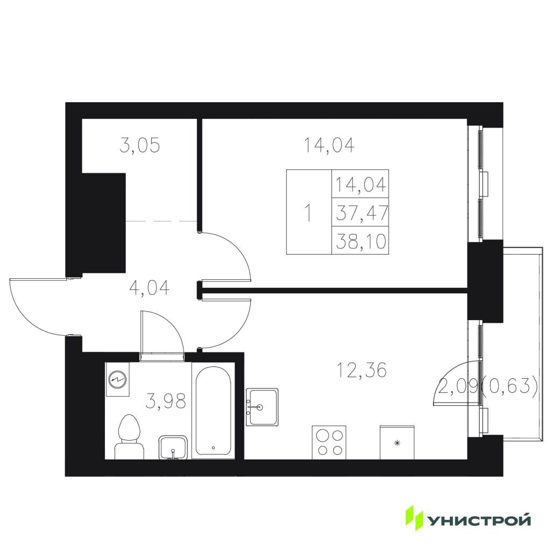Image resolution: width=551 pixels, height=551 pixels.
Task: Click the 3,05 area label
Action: coord(139,145)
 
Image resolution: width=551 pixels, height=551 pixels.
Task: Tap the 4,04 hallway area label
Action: coord(150,288)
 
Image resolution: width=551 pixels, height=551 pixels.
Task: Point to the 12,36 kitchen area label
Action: coord(362,370)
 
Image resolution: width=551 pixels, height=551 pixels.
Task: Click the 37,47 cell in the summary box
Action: coord(362,213)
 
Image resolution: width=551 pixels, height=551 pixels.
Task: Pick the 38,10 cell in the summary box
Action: coord(361,241)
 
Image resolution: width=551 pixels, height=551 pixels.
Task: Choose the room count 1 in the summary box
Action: coord(308,213)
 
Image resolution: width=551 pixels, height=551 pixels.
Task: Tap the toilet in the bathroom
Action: coord(129,437)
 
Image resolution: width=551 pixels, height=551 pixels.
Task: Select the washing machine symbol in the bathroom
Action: coord(117,379)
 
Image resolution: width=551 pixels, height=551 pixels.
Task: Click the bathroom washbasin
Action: coord(173,447)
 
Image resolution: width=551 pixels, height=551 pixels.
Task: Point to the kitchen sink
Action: coord(262,407)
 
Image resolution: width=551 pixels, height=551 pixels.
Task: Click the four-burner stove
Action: coord(329,442)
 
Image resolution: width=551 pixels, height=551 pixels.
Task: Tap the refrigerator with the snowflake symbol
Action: coord(397,442)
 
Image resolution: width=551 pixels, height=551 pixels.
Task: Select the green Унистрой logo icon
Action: coord(415,518)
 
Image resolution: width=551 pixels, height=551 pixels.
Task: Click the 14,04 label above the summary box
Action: coord(329,145)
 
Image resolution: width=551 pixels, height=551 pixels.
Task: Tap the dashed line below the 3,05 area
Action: coord(161,221)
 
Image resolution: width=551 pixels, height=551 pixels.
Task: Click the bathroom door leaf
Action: coord(142,333)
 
